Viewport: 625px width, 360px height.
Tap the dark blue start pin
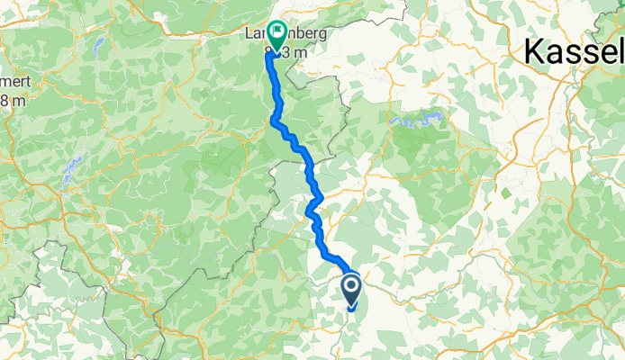click(x=350, y=291)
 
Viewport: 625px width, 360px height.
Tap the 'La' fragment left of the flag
click(x=252, y=35)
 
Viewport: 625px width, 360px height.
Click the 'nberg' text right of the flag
click(x=304, y=35)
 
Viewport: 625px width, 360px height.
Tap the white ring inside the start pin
click(x=350, y=287)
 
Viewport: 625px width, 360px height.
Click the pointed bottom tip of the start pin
click(x=350, y=310)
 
